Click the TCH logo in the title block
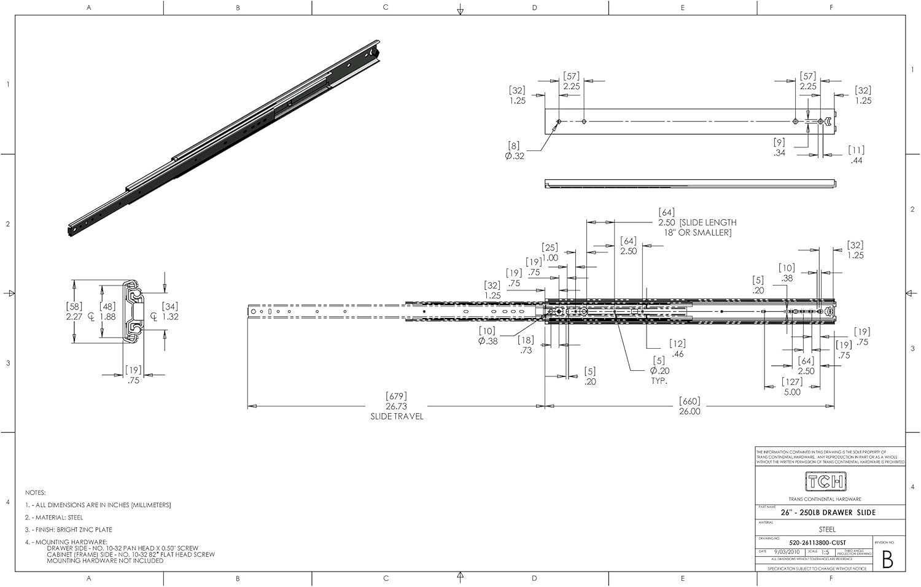pyautogui.click(x=826, y=481)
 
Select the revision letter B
pyautogui.click(x=887, y=559)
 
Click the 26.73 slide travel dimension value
pyautogui.click(x=397, y=406)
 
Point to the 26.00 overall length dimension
pyautogui.click(x=690, y=411)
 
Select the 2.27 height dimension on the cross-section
pyautogui.click(x=74, y=317)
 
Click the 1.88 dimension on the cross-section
pyautogui.click(x=108, y=317)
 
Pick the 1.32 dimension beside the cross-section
pyautogui.click(x=170, y=317)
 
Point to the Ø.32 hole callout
pyautogui.click(x=515, y=156)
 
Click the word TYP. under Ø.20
pyautogui.click(x=659, y=381)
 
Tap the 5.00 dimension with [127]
pyautogui.click(x=792, y=392)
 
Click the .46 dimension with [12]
pyautogui.click(x=678, y=354)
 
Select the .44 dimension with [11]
pyautogui.click(x=857, y=160)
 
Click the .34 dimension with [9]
pyautogui.click(x=779, y=153)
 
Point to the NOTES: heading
pyautogui.click(x=36, y=492)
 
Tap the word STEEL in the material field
pyautogui.click(x=827, y=529)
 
